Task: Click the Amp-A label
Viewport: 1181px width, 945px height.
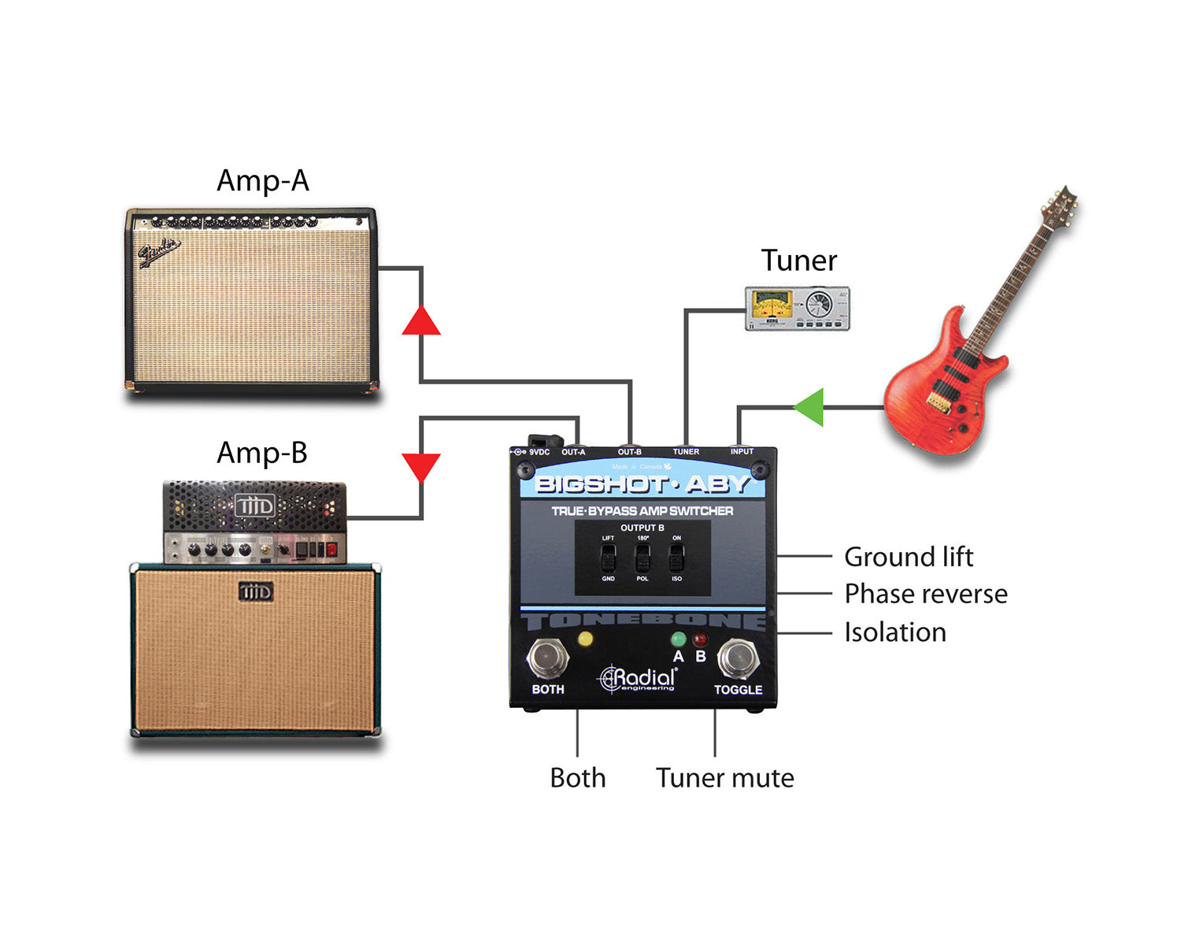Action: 263,181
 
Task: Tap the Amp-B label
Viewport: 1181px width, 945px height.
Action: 262,454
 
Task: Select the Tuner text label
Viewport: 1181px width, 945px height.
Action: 798,261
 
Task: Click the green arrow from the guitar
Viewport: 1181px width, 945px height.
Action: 809,407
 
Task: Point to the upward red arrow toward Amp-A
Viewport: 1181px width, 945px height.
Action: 421,321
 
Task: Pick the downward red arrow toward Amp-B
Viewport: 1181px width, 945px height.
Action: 421,466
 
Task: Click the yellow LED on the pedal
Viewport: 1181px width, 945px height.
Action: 585,639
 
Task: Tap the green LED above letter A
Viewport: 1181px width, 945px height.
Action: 678,639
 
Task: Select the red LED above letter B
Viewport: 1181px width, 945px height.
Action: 700,639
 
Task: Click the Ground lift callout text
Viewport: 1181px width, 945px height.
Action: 909,557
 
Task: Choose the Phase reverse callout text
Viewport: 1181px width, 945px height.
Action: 926,594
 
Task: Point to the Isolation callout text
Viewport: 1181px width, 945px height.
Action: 895,632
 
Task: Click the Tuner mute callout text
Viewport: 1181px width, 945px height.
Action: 725,778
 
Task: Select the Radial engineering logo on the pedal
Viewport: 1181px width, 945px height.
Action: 638,679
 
